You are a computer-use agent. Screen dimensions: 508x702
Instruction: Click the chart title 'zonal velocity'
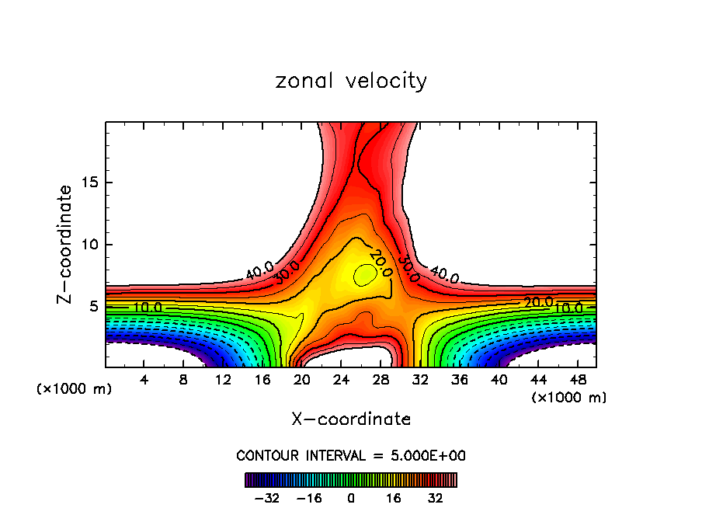point(351,81)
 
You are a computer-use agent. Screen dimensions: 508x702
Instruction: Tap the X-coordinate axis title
point(351,419)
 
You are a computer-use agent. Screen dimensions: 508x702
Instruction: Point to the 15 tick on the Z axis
point(87,183)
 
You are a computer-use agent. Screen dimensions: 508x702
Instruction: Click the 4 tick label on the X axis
point(144,379)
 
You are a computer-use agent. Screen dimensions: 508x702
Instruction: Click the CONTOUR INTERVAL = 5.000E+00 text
point(351,455)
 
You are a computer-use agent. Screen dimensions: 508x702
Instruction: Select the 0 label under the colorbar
point(351,498)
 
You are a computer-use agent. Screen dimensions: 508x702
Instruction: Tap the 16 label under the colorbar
point(394,498)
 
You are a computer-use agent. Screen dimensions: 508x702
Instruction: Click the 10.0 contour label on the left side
point(147,308)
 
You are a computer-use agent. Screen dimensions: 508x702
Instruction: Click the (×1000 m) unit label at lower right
point(569,398)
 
